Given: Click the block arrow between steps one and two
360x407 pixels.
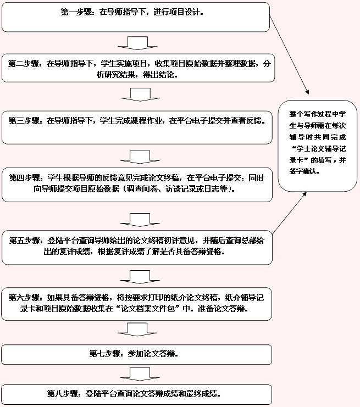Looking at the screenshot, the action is [x=137, y=43].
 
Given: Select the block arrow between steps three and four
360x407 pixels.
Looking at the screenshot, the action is [x=140, y=157].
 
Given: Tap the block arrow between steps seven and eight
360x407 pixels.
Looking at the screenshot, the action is [x=140, y=374].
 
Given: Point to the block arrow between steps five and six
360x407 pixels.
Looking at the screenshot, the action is [x=140, y=277].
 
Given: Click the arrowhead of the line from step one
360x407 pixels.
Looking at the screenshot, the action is [x=308, y=92].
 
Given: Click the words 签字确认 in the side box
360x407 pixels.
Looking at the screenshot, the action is [x=303, y=171].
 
